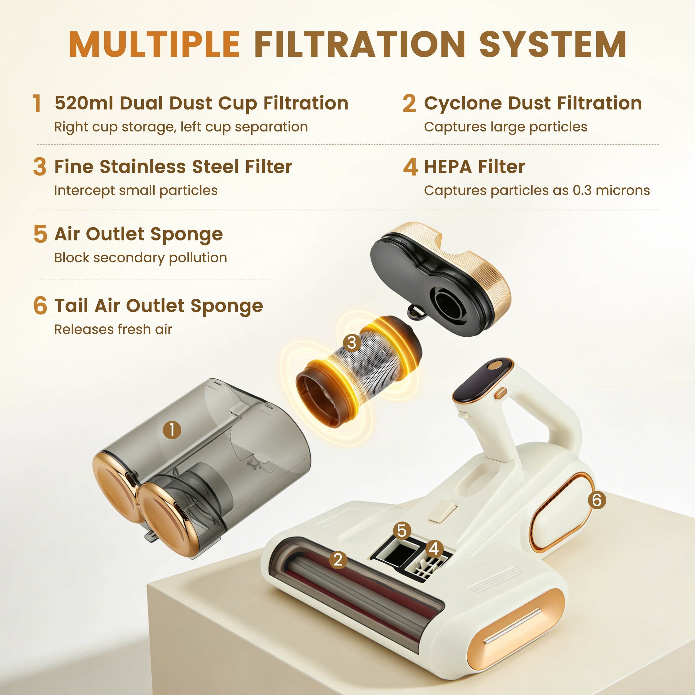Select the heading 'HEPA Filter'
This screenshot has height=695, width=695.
click(475, 167)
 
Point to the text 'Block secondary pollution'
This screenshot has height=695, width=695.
click(141, 258)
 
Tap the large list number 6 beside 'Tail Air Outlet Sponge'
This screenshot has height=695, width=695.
click(40, 306)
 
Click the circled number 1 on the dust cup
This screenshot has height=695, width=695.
click(172, 430)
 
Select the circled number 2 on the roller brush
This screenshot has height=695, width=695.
click(338, 560)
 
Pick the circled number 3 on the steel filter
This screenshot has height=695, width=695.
click(352, 342)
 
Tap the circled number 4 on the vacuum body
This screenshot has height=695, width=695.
click(434, 548)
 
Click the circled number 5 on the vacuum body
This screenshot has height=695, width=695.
click(402, 531)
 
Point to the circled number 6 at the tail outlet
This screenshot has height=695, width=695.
click(597, 500)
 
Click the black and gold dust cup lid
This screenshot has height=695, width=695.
click(440, 279)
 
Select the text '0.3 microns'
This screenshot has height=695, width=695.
click(611, 190)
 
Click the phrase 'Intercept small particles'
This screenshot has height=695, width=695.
click(136, 190)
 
